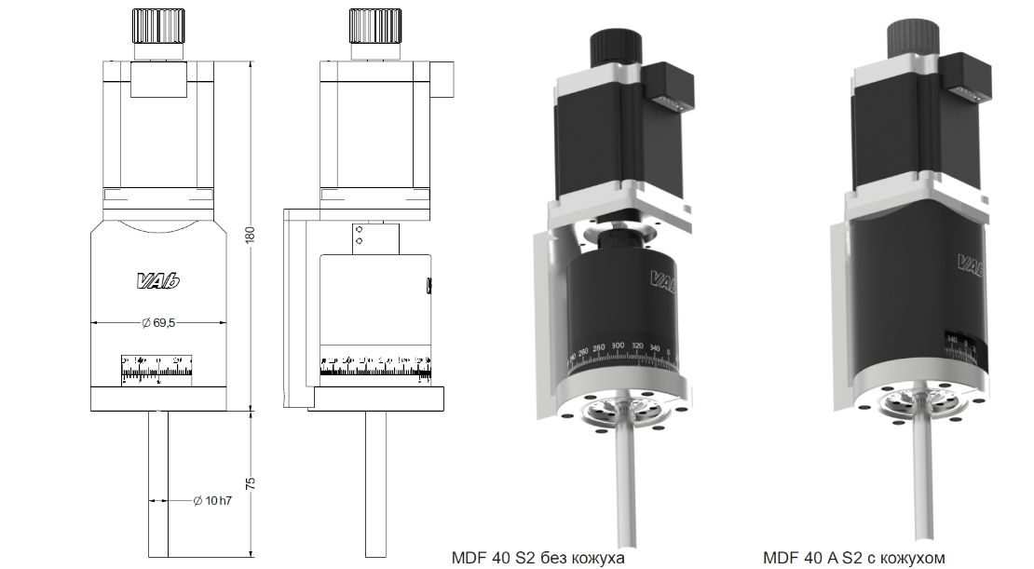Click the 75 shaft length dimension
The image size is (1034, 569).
click(249, 483)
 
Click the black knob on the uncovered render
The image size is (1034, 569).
click(615, 46)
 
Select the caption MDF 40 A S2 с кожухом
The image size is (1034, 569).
click(853, 558)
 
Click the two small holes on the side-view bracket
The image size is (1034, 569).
click(358, 234)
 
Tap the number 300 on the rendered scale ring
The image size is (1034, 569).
click(618, 345)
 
